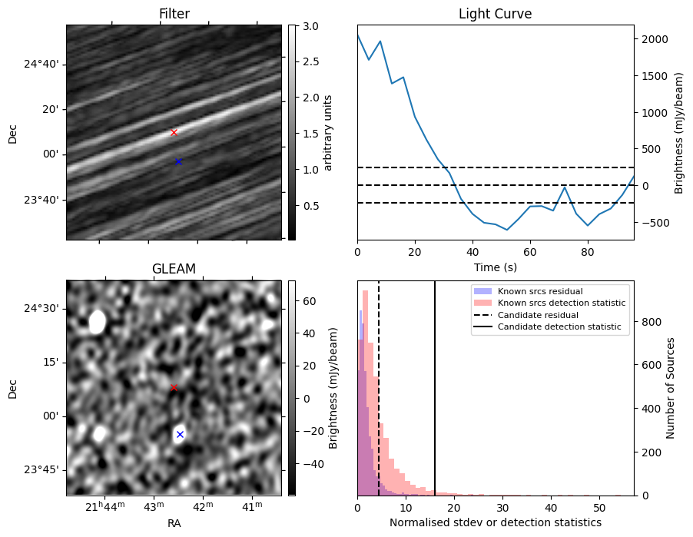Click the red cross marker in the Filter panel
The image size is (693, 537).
[x=174, y=133]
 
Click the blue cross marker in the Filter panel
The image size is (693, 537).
[x=178, y=162]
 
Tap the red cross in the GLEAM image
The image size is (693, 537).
[x=174, y=388]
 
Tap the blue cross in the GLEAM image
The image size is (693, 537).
[x=180, y=435]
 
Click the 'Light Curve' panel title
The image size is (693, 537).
[x=495, y=14]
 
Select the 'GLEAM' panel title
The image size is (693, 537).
[x=174, y=269]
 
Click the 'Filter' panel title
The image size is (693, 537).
[x=174, y=14]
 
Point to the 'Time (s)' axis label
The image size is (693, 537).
[x=495, y=267]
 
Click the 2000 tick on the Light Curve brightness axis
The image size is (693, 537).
[x=652, y=39]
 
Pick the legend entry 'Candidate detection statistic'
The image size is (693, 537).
[x=559, y=327]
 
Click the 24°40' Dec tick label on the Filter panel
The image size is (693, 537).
[x=41, y=65]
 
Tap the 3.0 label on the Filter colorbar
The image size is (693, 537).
[x=310, y=27]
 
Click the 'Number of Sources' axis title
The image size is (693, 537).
[x=670, y=388]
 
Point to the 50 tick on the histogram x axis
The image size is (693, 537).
[x=599, y=507]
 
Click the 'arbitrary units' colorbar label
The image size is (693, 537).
[x=327, y=133]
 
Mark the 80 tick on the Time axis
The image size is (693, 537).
[x=588, y=253]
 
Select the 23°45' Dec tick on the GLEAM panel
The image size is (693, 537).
[x=41, y=469]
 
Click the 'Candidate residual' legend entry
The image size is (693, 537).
[x=538, y=315]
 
